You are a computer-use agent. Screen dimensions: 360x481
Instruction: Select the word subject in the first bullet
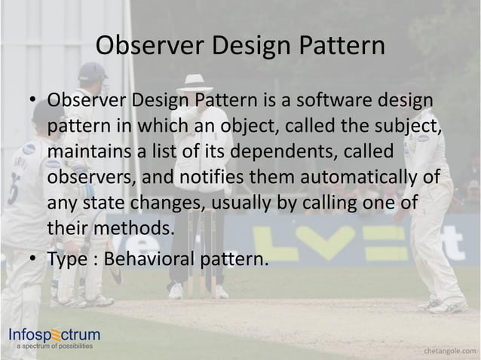click(410, 125)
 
